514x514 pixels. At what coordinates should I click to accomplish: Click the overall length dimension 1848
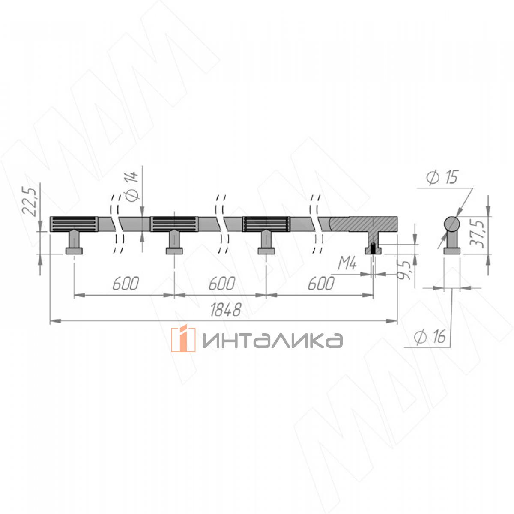[226, 310]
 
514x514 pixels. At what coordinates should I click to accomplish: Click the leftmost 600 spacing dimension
[126, 284]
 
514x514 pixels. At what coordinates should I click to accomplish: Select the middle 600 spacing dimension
[222, 284]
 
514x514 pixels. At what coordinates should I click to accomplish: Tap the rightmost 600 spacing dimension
[321, 284]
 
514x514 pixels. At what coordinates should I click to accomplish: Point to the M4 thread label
[347, 263]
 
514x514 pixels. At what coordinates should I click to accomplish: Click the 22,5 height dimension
[29, 201]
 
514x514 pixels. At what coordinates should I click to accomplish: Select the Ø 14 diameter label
[132, 185]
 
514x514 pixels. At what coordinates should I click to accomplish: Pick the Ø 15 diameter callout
[442, 177]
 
